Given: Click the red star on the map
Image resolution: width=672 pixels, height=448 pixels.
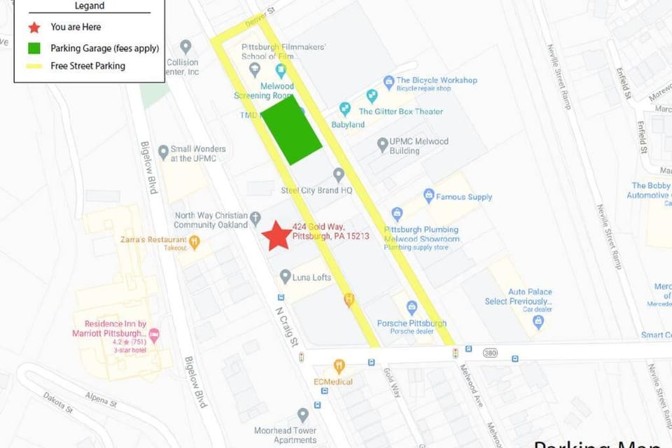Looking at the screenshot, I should coord(277,236).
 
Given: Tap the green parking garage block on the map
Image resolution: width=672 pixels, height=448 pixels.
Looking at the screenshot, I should coord(291,130).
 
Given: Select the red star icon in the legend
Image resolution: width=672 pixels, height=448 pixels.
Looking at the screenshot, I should coord(34,27).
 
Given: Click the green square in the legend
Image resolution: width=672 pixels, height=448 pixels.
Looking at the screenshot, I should coord(34,48).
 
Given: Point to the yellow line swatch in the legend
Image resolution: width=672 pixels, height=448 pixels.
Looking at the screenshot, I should coord(34,66).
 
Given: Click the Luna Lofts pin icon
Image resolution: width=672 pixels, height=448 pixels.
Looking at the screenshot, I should coord(285,276).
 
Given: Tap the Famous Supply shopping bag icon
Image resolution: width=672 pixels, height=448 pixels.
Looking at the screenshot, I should coord(429,196).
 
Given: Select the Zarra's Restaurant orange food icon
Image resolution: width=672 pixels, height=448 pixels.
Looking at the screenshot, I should coord(195,243).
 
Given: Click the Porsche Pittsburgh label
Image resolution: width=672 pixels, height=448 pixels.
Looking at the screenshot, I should coord(412,323).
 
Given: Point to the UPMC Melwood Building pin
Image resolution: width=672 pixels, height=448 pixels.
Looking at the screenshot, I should coord(382,145).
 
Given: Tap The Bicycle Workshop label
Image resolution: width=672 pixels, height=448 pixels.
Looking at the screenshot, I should coord(436,80).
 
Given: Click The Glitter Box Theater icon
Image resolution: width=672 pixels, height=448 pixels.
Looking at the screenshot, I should coord(344,108).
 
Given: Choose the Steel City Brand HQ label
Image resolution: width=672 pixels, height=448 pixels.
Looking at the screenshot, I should coord(316,190).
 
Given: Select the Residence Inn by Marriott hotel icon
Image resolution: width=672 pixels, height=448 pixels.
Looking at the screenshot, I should coord(154,335).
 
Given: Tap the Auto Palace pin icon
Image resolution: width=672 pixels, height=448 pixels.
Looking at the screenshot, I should coord(538,321).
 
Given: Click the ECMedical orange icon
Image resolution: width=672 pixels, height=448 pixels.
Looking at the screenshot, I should coord(339,366).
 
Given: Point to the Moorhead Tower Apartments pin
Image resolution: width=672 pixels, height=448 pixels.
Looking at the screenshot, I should coord(302,415).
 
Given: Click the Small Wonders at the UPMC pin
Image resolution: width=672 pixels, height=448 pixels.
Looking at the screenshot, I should coord(163,152).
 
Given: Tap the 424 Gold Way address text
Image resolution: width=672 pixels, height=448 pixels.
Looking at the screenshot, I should coord(330,231).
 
